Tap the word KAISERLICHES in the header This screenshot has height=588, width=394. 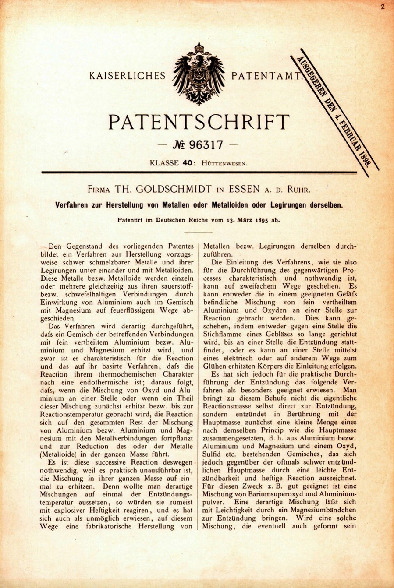(x=128, y=76)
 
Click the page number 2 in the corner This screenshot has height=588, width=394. (x=382, y=7)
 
